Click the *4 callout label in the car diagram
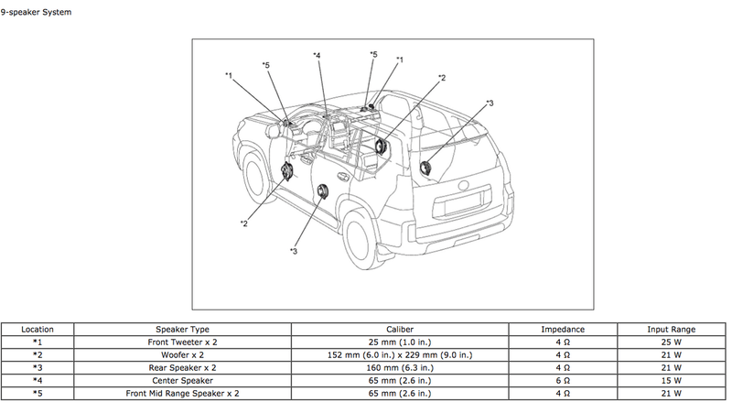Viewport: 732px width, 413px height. (316, 56)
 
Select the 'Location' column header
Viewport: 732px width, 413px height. (38, 329)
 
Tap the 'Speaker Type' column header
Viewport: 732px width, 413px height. (183, 329)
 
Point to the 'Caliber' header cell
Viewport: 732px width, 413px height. (413, 329)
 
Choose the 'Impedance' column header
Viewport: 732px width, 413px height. (563, 329)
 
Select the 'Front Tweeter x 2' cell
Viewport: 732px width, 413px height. (183, 342)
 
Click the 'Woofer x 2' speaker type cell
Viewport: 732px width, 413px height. (183, 354)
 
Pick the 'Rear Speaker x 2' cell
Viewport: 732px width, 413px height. (183, 367)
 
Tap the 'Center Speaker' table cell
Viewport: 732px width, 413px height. (183, 380)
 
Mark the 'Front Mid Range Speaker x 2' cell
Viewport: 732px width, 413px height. (183, 393)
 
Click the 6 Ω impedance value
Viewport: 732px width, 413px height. (563, 380)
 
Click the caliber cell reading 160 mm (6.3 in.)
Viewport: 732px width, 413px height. (413, 367)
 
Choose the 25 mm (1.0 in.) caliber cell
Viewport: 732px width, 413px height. (413, 342)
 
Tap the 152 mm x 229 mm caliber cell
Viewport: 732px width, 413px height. (413, 354)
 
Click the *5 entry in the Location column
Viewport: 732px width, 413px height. (38, 393)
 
